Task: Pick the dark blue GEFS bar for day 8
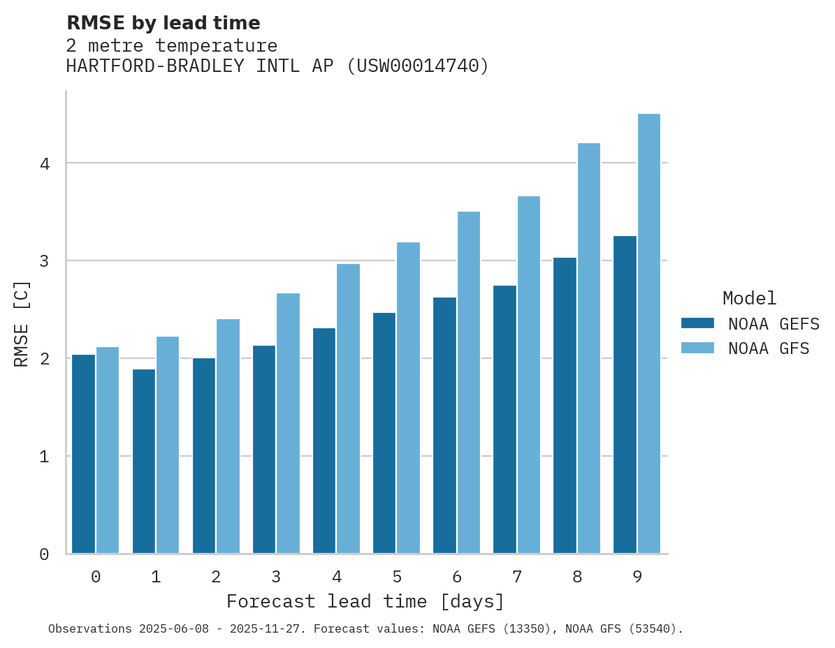(565, 406)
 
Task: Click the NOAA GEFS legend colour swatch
(697, 323)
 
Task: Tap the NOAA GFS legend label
(768, 348)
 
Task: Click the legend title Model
(749, 298)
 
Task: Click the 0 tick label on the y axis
(43, 554)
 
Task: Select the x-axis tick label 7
(516, 577)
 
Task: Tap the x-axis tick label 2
(216, 577)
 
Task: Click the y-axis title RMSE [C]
(22, 323)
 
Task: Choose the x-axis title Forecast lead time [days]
(365, 601)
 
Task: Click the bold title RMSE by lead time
(163, 23)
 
